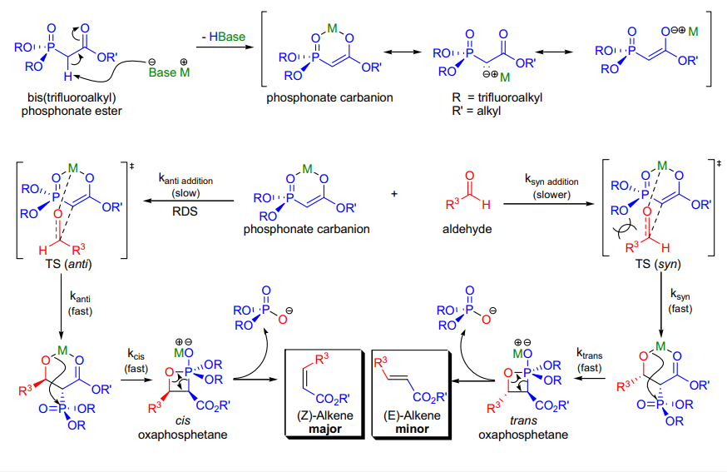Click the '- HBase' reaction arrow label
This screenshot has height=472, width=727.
tap(224, 37)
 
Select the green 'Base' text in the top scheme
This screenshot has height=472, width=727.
tap(162, 72)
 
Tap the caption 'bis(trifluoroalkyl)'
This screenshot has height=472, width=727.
tap(72, 97)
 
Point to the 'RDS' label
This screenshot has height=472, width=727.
tap(185, 211)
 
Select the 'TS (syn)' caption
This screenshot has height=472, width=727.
tap(658, 264)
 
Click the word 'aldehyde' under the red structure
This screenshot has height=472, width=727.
tap(467, 229)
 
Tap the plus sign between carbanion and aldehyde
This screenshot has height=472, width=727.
tap(394, 193)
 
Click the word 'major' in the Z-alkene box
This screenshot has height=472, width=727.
tap(324, 429)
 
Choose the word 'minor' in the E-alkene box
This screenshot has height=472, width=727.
tap(412, 429)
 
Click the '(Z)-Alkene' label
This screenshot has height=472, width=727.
tap(324, 415)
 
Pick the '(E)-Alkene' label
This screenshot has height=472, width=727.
tap(412, 415)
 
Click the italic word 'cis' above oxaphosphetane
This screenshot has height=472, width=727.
tap(183, 420)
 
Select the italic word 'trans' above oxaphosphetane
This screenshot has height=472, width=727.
tap(523, 420)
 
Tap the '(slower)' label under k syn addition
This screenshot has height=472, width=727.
tap(551, 195)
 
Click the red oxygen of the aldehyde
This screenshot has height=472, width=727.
tap(470, 176)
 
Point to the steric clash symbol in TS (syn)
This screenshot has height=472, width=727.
tap(624, 230)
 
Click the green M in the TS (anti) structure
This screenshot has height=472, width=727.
tap(73, 168)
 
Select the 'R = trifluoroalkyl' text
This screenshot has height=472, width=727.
tap(497, 97)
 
